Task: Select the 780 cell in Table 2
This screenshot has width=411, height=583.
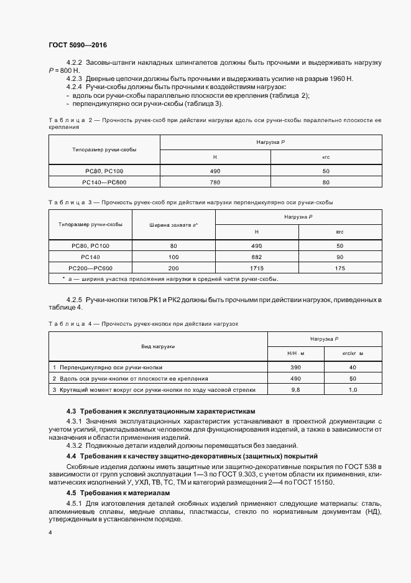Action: point(215,182)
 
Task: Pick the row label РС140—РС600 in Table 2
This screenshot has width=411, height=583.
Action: point(104,182)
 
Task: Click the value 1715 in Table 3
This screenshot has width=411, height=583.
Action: point(256,267)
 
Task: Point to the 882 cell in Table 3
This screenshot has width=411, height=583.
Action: point(256,257)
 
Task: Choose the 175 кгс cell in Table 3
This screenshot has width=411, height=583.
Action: point(339,267)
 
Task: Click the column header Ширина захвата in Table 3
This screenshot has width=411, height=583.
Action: point(173,225)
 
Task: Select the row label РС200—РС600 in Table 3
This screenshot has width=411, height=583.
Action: point(91,267)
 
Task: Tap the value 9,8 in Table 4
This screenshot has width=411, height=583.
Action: point(295,389)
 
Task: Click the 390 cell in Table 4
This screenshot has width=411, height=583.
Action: point(295,367)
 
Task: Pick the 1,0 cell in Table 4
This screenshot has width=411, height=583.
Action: point(353,389)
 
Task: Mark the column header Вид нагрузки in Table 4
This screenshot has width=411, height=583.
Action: point(157,346)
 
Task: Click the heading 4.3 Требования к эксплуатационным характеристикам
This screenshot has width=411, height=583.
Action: point(160,412)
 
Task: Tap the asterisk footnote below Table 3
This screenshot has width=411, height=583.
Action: point(170,278)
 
